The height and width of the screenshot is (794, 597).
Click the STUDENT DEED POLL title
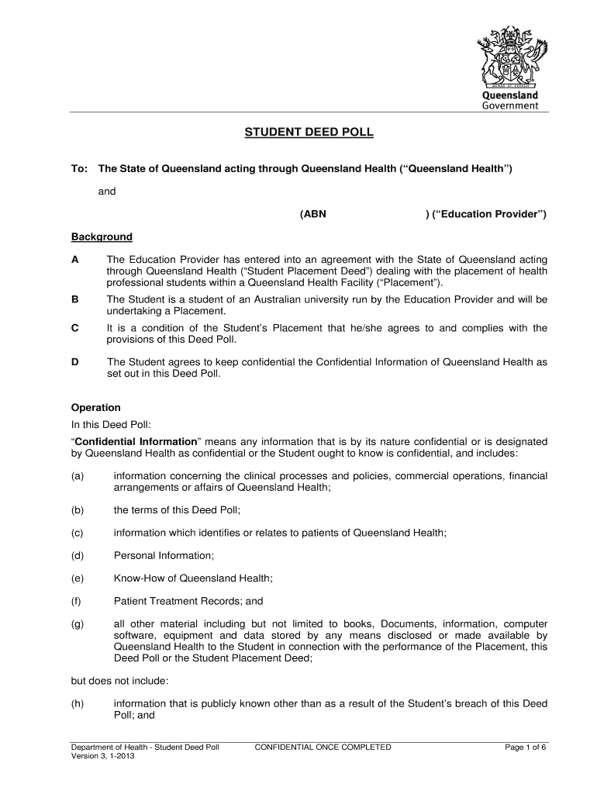tap(298, 133)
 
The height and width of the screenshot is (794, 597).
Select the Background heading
tap(102, 236)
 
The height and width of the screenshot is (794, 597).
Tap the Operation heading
tap(95, 407)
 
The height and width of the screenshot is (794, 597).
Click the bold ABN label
tap(312, 214)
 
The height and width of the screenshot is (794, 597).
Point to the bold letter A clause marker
tap(75, 260)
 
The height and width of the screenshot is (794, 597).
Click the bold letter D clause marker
tap(75, 361)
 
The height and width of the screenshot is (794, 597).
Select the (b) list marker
tap(78, 509)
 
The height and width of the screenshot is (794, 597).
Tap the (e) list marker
tap(78, 578)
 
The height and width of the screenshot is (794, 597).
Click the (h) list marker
tap(78, 703)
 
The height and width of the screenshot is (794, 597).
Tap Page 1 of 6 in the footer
tap(526, 747)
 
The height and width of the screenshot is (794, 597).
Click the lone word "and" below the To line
tap(106, 192)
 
